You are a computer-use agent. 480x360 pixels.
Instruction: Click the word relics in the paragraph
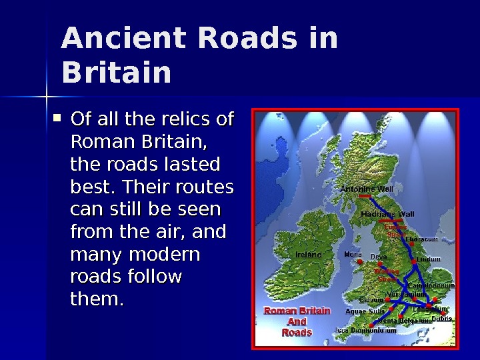[189, 120]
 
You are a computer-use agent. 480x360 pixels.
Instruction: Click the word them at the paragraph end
[97, 300]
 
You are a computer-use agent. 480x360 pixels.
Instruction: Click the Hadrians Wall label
[387, 214]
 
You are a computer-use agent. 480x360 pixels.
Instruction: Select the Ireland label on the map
[309, 255]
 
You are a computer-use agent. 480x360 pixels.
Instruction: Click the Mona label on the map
[353, 254]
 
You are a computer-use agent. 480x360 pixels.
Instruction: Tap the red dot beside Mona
[361, 263]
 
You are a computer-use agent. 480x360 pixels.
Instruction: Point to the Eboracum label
[421, 239]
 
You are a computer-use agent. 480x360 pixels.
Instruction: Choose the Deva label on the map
[379, 257]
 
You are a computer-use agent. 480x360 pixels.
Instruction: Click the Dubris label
[441, 319]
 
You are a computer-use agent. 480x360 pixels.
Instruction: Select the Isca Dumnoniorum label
[371, 330]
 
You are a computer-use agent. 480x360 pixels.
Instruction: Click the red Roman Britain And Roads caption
[297, 321]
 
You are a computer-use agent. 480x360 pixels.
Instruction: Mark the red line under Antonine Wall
[365, 197]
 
